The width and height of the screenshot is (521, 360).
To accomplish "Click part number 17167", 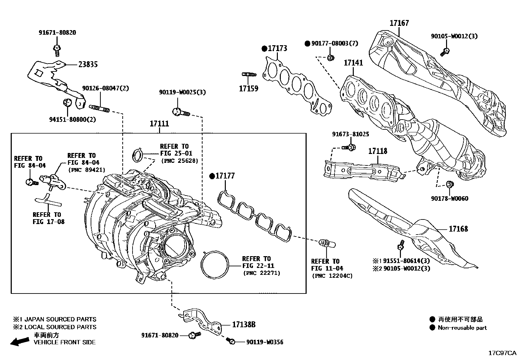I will click(399, 23).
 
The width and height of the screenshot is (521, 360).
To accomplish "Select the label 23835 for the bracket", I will click(88, 65).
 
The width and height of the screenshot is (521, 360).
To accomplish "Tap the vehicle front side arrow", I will click(19, 341).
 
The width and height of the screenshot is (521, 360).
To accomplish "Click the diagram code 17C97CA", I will click(502, 353).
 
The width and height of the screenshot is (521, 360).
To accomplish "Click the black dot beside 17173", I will click(264, 49).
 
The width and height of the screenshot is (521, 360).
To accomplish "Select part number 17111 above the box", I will click(159, 124).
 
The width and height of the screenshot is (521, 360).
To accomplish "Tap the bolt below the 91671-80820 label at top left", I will click(57, 49).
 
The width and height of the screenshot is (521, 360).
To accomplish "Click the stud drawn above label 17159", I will click(248, 75).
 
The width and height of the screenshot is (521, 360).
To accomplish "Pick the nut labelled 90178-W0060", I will click(450, 184).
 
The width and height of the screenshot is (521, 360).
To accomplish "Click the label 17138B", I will click(243, 325).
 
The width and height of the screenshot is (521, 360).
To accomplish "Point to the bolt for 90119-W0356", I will click(231, 341).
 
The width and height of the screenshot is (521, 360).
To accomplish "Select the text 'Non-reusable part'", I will click(462, 328).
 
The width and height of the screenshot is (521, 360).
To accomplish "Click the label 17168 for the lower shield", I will click(458, 229).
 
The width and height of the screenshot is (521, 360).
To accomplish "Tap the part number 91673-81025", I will click(350, 134).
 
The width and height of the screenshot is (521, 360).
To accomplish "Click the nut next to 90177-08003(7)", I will click(331, 58).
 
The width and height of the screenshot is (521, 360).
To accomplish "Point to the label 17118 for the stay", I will click(377, 151).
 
